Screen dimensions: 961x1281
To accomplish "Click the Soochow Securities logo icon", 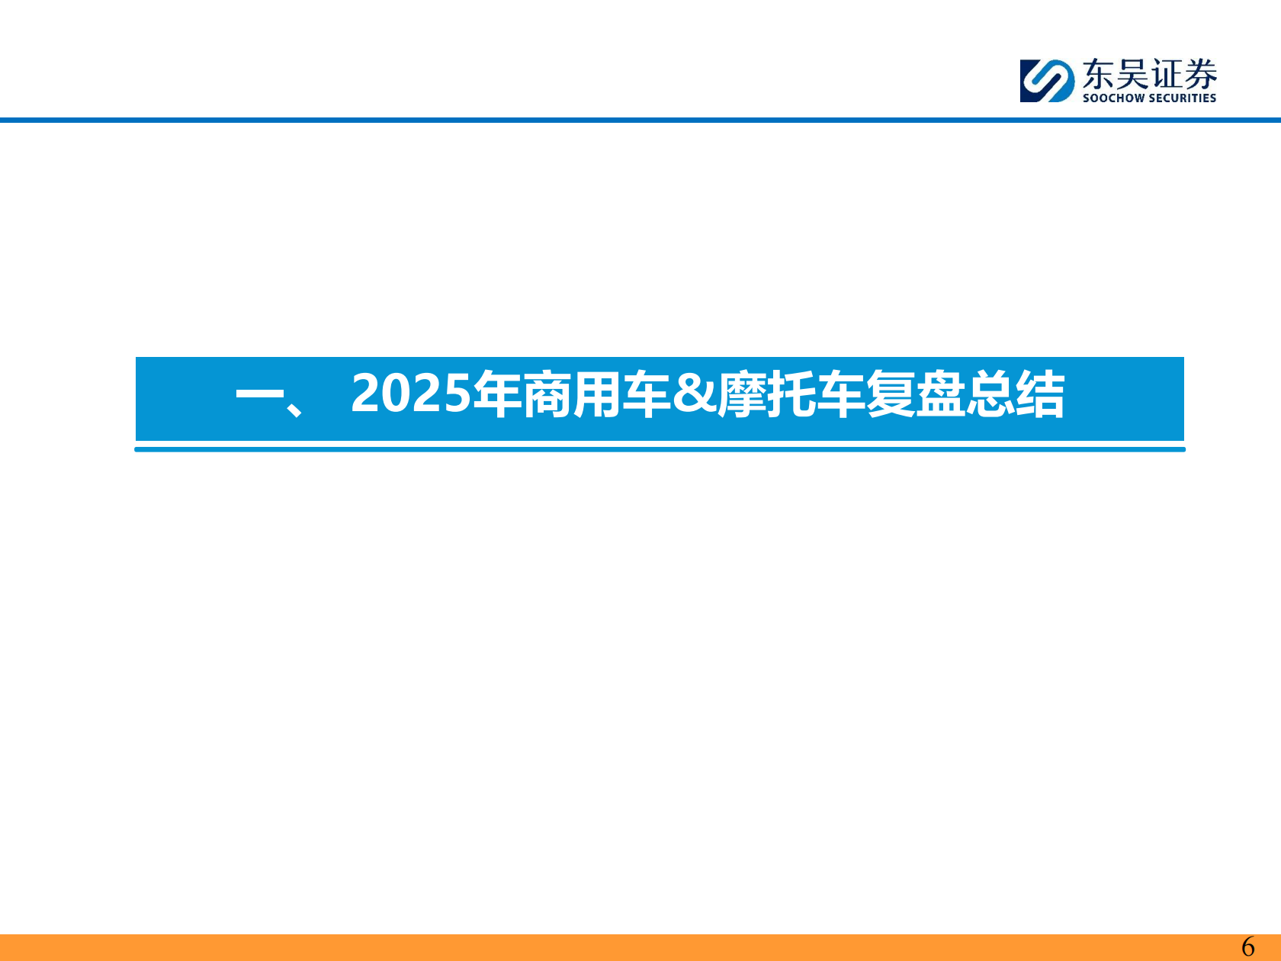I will tap(1047, 80).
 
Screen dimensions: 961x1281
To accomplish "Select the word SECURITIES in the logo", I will tap(1182, 98).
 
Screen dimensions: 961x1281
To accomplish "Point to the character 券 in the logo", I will tap(1201, 75).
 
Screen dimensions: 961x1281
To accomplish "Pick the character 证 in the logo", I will tap(1167, 75).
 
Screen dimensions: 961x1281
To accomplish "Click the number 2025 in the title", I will tap(412, 394).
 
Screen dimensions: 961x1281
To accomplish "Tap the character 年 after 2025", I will tap(497, 394).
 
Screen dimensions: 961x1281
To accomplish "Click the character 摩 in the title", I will tap(741, 394).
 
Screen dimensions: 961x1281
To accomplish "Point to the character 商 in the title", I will tap(547, 394).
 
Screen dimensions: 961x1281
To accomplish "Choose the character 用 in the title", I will tap(596, 394).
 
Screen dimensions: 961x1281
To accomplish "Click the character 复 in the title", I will tap(890, 394).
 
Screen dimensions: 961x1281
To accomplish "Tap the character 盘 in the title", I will tap(939, 394).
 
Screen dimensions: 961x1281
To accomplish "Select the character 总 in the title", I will tap(989, 394).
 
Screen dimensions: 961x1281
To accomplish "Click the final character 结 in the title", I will tap(1039, 394).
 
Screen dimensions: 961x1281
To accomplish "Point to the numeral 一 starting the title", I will tap(259, 395).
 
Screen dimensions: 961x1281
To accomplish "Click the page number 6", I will tap(1248, 947).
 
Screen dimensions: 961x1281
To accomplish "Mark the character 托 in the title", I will tap(791, 394).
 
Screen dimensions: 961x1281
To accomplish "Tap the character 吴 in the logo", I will tap(1132, 75).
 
